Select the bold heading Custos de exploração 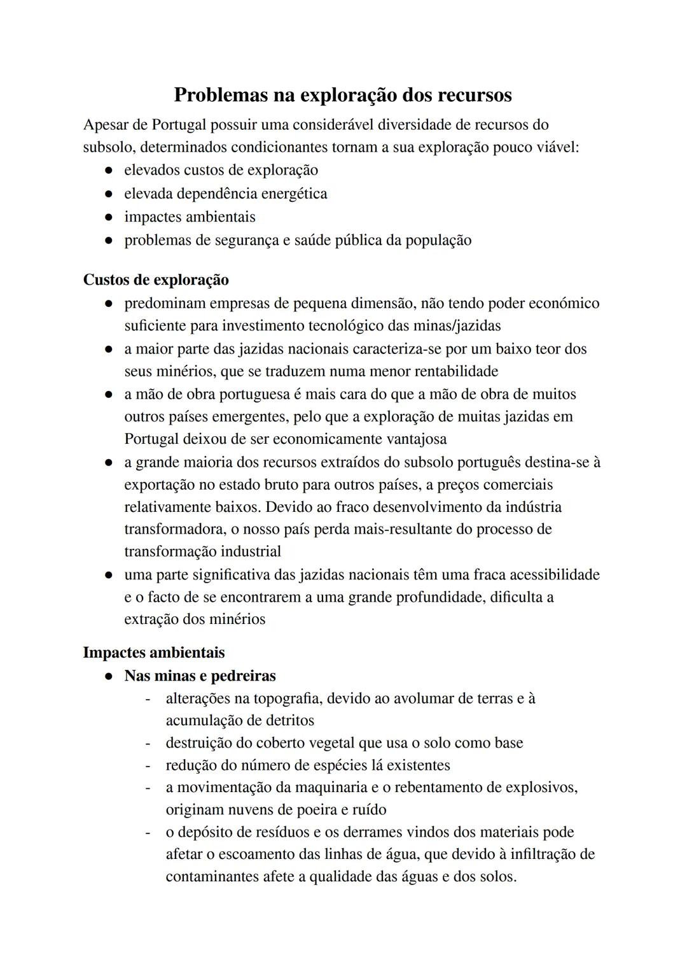coord(156,280)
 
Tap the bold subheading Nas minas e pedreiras coord(200,676)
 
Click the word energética coord(295,194)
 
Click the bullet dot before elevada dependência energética coord(109,194)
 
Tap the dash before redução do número coord(148,765)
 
